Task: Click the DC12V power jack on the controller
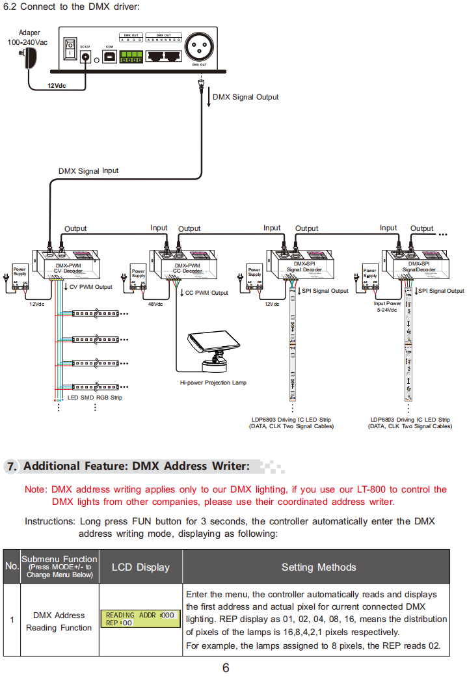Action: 85,57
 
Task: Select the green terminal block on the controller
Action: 131,57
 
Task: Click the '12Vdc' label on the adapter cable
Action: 57,85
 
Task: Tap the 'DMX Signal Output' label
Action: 245,97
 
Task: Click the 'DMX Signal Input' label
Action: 88,171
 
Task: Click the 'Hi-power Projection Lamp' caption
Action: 213,383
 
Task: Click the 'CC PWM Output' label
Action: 206,293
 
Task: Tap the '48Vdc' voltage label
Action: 155,304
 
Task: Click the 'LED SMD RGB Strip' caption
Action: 95,397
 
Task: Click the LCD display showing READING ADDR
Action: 140,619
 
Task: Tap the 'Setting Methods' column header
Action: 319,567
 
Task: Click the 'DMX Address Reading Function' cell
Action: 59,621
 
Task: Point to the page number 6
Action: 226,668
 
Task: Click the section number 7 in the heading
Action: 11,467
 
